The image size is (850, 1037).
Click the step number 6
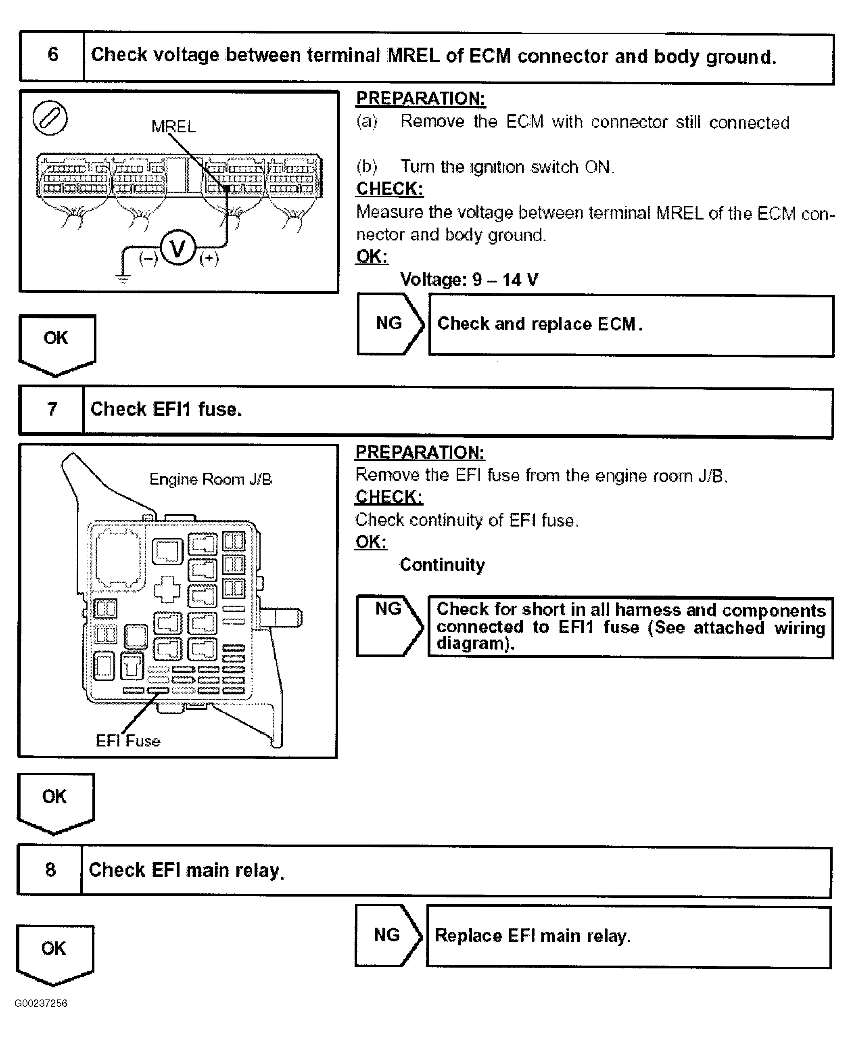(x=52, y=55)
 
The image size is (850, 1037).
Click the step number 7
(x=52, y=409)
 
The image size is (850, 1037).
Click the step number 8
(x=50, y=870)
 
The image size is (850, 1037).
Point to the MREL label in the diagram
(x=173, y=127)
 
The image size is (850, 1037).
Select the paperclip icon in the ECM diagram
(x=50, y=118)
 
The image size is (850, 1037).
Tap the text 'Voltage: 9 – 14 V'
(x=469, y=280)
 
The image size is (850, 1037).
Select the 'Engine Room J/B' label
(x=210, y=479)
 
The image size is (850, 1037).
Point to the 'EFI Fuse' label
(x=128, y=741)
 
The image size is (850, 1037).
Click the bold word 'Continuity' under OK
(x=442, y=564)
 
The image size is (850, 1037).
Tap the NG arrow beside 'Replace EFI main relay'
(x=388, y=935)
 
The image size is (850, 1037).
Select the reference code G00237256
(x=41, y=1003)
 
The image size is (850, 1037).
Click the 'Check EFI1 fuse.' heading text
(x=166, y=409)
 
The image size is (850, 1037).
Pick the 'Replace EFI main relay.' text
(x=533, y=936)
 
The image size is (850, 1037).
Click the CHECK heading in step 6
(x=390, y=189)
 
